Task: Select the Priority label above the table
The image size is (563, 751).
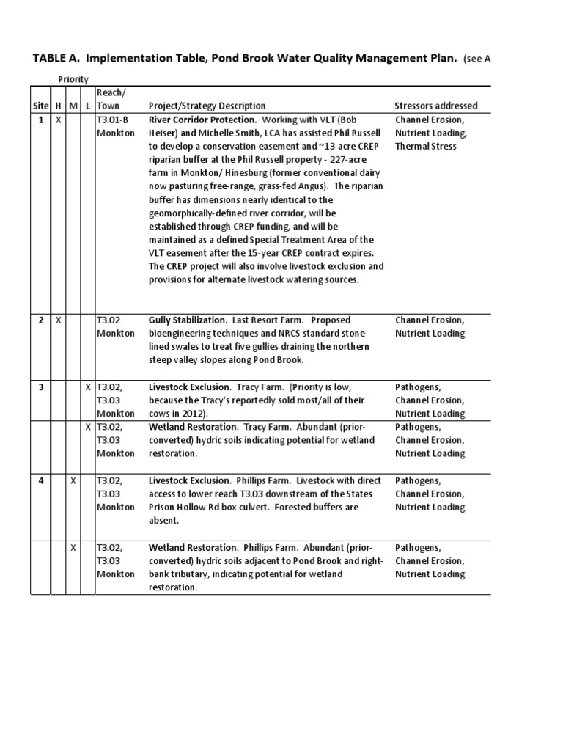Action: pos(73,79)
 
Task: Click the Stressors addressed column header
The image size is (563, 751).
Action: pos(436,106)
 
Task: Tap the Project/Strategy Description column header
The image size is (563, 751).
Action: pos(207,106)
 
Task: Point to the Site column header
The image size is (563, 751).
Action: pos(40,106)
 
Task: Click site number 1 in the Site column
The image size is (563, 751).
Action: pos(41,120)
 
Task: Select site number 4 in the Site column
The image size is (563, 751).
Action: pos(41,481)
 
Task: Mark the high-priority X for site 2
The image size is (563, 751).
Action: pos(59,320)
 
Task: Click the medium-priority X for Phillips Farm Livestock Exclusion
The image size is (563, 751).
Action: pos(73,481)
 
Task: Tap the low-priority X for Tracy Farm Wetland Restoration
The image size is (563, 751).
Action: pos(88,428)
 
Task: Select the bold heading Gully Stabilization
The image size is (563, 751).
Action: pos(188,320)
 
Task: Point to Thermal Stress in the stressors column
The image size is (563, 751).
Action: pos(425,146)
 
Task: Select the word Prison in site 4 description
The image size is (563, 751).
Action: pos(163,508)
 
